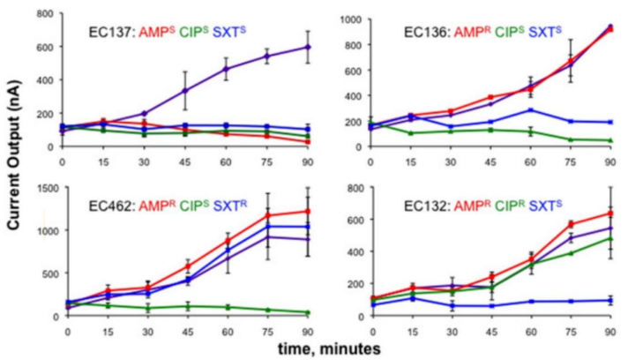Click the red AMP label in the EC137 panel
[x=149, y=34]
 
